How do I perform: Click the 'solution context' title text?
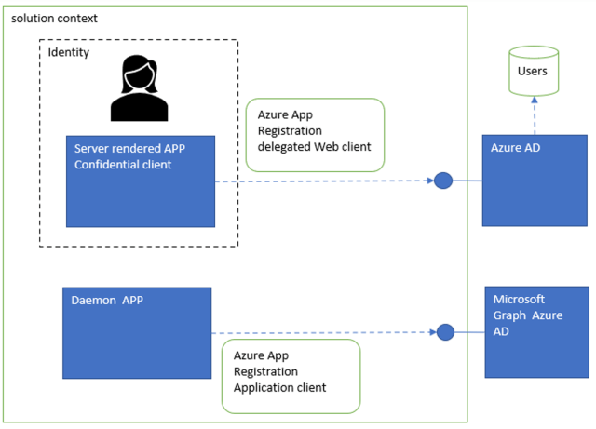(54, 19)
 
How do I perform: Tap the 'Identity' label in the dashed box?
(69, 53)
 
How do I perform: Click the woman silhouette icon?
(141, 89)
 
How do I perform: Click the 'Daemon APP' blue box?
(137, 333)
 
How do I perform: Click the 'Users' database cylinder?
(534, 71)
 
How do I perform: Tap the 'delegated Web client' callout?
(315, 135)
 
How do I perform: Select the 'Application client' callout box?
(291, 376)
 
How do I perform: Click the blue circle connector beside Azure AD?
(443, 181)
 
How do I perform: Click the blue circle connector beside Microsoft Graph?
(445, 332)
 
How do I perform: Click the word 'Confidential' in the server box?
(108, 166)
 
